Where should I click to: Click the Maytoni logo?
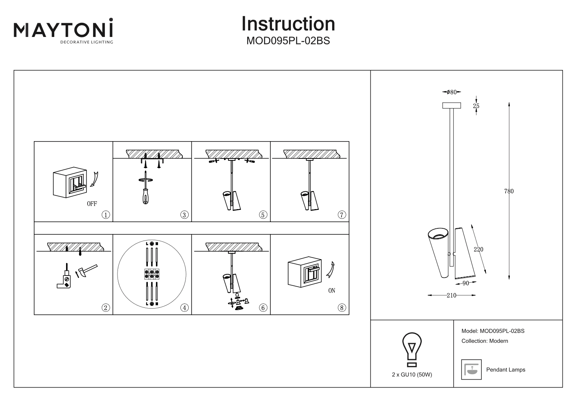tap(64, 31)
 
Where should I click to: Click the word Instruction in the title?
tap(288, 24)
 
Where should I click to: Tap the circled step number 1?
tap(105, 215)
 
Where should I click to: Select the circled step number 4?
tap(184, 308)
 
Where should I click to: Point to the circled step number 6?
tap(263, 308)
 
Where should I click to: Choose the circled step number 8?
tap(342, 308)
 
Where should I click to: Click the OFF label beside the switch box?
tap(92, 204)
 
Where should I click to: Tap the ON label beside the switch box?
tap(331, 291)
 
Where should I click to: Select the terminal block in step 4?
tap(152, 274)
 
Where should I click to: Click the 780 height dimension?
tap(509, 191)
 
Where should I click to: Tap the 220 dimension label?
tap(478, 250)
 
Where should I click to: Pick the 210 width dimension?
tap(451, 296)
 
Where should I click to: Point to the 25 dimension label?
tap(476, 106)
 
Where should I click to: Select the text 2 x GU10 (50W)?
tap(412, 375)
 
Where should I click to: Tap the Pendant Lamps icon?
tap(471, 369)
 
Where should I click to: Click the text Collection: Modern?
tap(485, 341)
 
